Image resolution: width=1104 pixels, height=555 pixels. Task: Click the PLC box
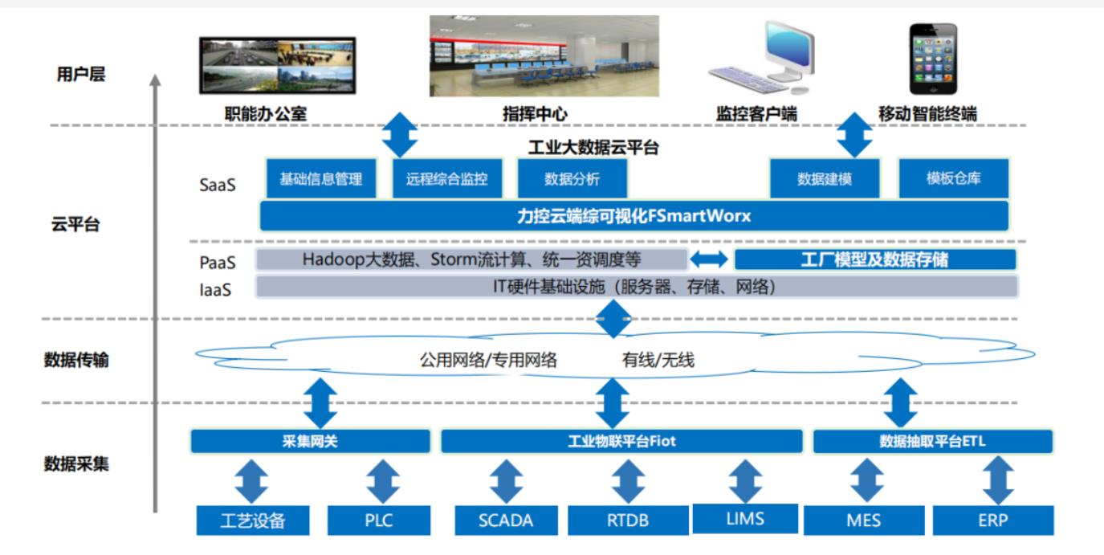tap(378, 520)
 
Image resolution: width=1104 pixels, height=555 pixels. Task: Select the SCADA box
tap(506, 520)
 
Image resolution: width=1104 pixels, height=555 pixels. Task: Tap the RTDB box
tap(628, 520)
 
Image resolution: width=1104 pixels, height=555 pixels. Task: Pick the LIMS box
tap(745, 519)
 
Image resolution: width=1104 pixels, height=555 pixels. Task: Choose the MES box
tap(864, 520)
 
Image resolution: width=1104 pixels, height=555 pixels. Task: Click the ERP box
tap(993, 520)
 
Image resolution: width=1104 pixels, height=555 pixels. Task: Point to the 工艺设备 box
tap(253, 520)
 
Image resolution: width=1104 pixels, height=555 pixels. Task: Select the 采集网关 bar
tap(311, 441)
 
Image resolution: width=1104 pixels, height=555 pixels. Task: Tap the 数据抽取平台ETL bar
tap(933, 441)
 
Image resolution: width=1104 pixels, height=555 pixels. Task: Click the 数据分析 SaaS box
tap(572, 178)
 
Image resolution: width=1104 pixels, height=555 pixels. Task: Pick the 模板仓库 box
tap(954, 178)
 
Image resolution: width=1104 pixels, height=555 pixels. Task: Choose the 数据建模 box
tap(825, 178)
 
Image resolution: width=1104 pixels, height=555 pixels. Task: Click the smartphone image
tap(933, 59)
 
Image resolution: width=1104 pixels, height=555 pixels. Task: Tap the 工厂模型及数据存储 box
tap(875, 259)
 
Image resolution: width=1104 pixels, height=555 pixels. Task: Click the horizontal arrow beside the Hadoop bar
tap(709, 259)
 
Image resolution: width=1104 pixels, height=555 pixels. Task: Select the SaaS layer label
tap(218, 185)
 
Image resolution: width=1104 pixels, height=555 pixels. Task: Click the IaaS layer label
tap(215, 290)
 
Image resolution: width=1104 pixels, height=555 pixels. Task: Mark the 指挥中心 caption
tap(535, 114)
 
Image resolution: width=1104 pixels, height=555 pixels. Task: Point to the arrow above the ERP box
tap(998, 480)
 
